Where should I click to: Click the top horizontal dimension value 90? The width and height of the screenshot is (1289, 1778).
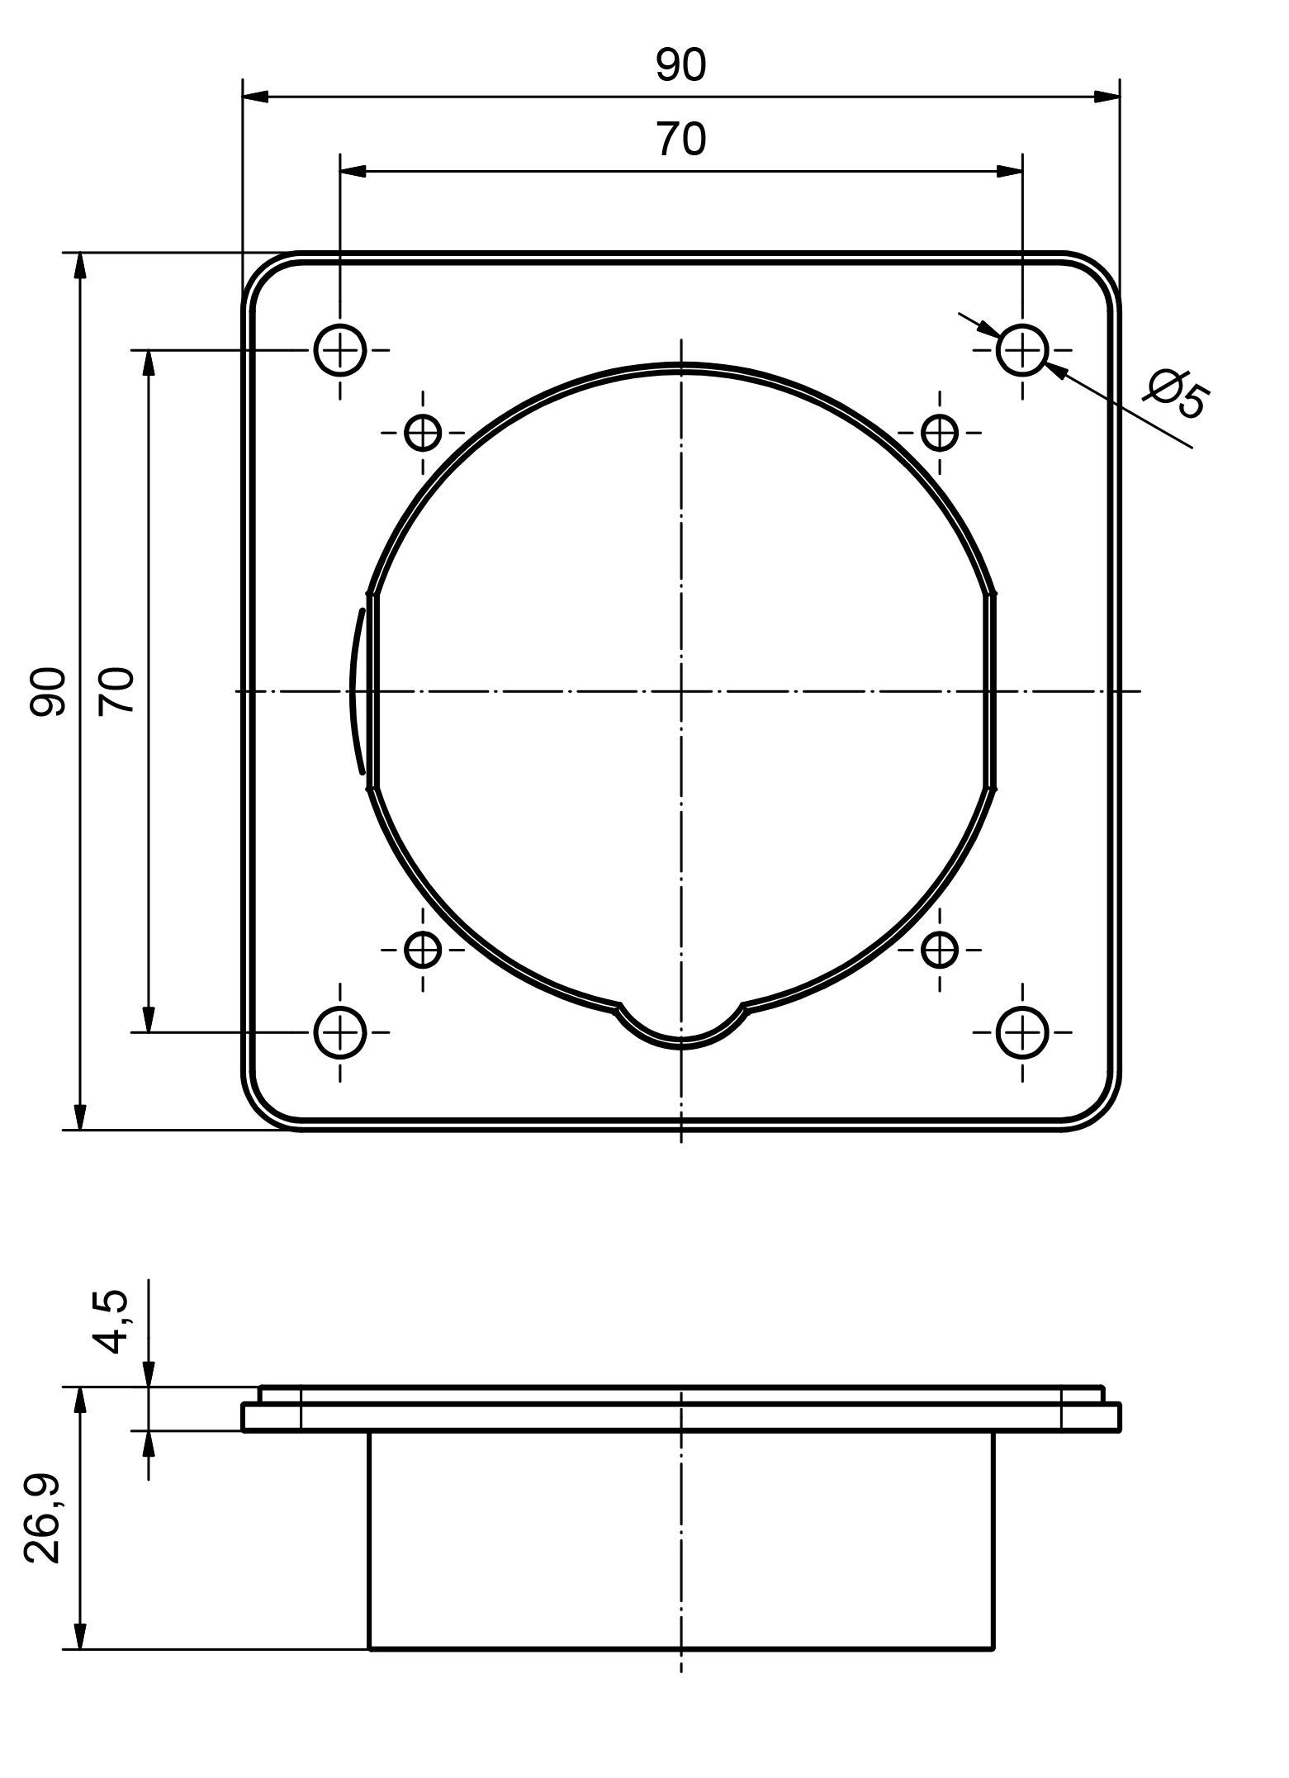(681, 65)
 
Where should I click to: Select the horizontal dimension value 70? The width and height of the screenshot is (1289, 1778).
(681, 140)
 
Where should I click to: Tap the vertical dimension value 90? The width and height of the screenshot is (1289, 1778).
(48, 690)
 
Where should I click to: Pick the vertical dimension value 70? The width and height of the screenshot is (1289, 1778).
(116, 690)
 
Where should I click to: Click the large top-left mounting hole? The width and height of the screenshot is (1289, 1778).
(339, 350)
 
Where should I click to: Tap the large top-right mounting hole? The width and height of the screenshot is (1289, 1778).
(1022, 350)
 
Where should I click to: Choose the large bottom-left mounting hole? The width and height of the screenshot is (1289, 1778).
(339, 1032)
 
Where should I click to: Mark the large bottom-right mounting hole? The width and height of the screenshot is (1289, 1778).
(1022, 1032)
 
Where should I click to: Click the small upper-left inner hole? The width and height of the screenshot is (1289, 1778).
(423, 432)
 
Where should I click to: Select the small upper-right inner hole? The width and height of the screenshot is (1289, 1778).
(939, 432)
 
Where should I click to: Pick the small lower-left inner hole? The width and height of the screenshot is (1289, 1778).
(423, 950)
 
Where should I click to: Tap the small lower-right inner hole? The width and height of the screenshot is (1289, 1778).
(939, 950)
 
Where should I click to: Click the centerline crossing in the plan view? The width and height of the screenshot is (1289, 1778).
(681, 690)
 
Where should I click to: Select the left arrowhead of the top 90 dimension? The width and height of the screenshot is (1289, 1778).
(256, 97)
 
